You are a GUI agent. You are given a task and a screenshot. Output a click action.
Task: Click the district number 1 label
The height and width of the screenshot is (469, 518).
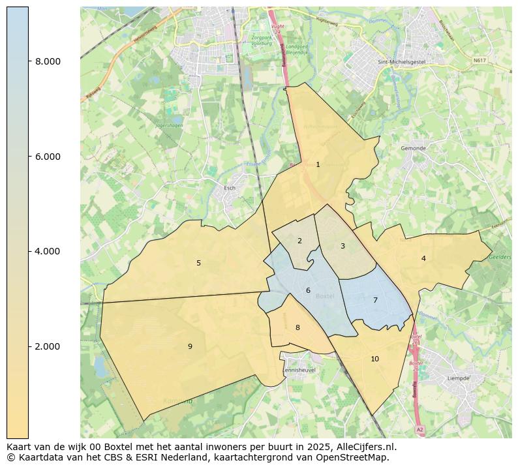point(318,164)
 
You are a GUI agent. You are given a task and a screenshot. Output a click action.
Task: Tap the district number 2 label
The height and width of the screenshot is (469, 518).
point(299,241)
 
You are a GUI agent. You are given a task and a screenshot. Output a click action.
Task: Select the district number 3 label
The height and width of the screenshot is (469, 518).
point(343,246)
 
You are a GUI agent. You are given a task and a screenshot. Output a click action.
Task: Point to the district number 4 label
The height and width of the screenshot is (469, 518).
point(423,258)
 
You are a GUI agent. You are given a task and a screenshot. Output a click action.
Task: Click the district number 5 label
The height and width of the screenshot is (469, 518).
point(199,263)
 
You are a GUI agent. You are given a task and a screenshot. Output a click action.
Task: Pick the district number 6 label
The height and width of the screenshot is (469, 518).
point(308,290)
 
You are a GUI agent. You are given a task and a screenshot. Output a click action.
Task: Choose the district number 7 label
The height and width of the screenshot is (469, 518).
point(375,300)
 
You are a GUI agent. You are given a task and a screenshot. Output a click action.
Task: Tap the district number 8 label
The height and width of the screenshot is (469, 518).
point(297,327)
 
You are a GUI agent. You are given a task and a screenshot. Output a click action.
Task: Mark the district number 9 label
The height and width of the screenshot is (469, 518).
point(190,346)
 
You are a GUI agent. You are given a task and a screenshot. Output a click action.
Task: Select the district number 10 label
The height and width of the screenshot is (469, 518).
point(374,359)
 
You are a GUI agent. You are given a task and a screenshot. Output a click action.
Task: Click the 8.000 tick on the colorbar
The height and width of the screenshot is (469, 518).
point(48,61)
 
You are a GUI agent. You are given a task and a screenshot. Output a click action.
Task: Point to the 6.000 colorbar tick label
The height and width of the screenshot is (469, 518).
point(48,157)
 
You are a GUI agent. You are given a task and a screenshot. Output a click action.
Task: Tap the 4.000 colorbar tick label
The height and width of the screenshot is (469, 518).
point(48,251)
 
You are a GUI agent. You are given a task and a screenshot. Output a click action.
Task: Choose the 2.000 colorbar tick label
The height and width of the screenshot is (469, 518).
point(48,346)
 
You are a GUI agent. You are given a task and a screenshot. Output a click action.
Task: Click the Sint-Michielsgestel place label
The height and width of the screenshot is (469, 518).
point(399,63)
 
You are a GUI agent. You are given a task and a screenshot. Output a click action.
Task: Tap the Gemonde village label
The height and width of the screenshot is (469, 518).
point(413,148)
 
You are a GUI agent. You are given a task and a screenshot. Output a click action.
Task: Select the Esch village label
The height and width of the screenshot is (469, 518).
point(230,188)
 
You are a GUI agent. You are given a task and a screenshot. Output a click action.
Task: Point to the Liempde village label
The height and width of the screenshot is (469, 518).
point(458,378)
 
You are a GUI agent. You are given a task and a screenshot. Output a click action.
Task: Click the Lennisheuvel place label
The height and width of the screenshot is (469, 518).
point(298,370)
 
